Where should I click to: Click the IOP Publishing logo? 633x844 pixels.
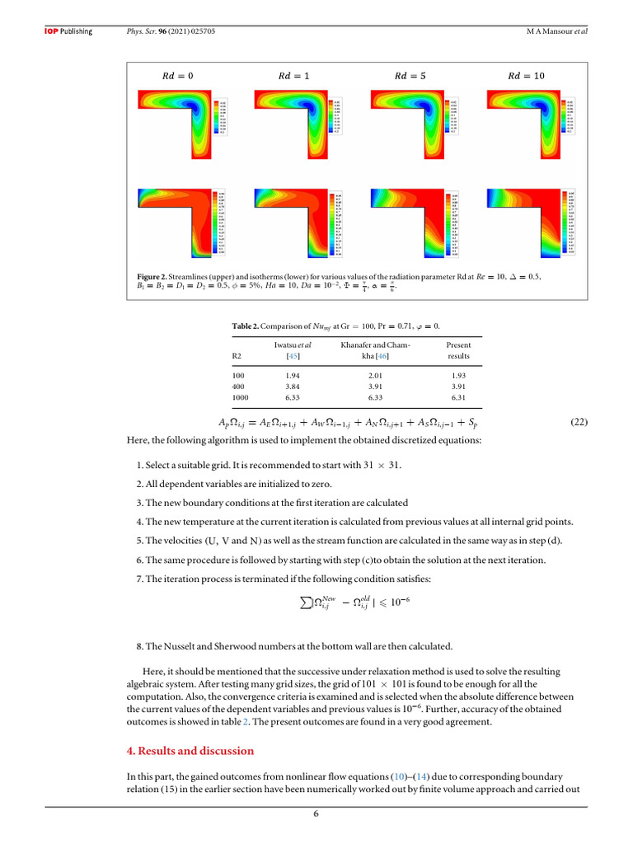[68, 31]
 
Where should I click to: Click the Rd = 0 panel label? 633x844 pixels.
[177, 76]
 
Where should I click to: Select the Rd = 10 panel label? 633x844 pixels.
[527, 76]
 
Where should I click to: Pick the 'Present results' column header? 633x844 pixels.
[458, 351]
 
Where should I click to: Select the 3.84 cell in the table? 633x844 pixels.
[292, 386]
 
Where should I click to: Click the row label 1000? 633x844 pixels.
[241, 397]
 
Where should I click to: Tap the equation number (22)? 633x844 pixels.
[579, 422]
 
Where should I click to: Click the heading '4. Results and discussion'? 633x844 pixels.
[190, 751]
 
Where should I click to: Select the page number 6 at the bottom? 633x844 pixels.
[316, 814]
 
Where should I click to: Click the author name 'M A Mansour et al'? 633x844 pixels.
[562, 31]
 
